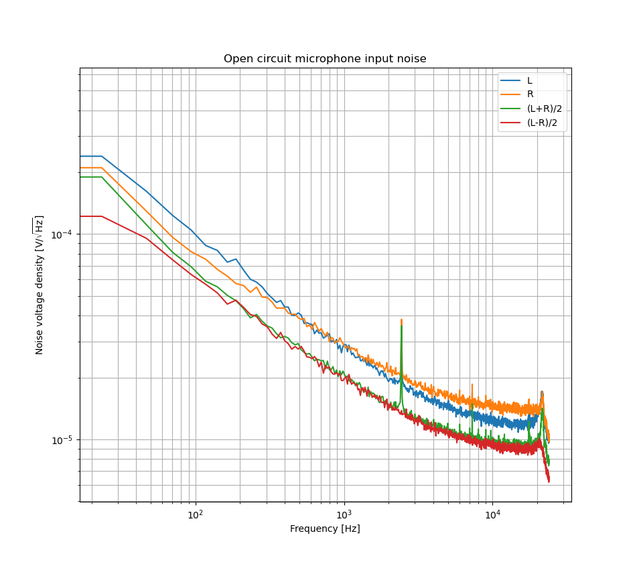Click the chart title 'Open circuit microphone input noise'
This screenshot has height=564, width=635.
pos(325,59)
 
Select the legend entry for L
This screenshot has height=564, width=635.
pos(529,80)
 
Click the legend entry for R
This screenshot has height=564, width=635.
pos(530,94)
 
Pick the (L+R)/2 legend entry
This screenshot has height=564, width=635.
pos(544,109)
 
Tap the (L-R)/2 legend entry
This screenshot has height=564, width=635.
pos(543,123)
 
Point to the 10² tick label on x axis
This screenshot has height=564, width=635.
pos(196,514)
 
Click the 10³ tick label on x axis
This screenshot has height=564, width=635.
pos(344,514)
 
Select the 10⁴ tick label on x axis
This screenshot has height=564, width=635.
pos(493,514)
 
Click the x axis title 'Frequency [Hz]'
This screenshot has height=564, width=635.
pos(325,529)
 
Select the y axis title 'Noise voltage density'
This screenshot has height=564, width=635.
pos(40,285)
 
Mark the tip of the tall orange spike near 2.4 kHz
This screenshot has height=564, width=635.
pos(401,320)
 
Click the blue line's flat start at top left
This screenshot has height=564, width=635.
pos(90,156)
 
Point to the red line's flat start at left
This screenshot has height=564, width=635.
pos(90,216)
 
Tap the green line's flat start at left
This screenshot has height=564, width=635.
pos(90,177)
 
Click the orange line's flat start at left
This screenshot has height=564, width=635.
pos(90,167)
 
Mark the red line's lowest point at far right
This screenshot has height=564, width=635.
pos(549,481)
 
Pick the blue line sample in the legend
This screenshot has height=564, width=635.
pos(512,80)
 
